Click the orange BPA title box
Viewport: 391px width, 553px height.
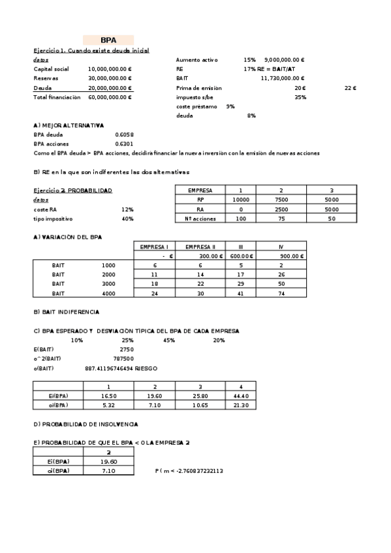[108, 40]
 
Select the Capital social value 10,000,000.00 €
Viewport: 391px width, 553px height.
[110, 68]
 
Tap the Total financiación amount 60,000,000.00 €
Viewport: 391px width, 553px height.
[110, 97]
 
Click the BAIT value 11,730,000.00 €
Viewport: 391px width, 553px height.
[283, 78]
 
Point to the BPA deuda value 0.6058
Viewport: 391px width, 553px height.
[123, 135]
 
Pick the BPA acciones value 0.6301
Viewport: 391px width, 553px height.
[123, 144]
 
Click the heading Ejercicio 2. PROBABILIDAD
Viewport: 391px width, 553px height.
[72, 190]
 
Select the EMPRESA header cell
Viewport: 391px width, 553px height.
[200, 190]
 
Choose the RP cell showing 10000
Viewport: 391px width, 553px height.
[241, 200]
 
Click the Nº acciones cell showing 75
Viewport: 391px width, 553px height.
[281, 219]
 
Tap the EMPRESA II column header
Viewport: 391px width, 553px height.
[200, 247]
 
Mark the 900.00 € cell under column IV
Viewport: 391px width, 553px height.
[281, 256]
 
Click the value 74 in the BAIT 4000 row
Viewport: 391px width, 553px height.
[281, 293]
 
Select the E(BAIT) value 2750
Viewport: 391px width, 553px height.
[127, 349]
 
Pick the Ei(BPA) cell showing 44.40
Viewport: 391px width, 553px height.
[241, 396]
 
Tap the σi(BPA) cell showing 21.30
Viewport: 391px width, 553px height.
[241, 406]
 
